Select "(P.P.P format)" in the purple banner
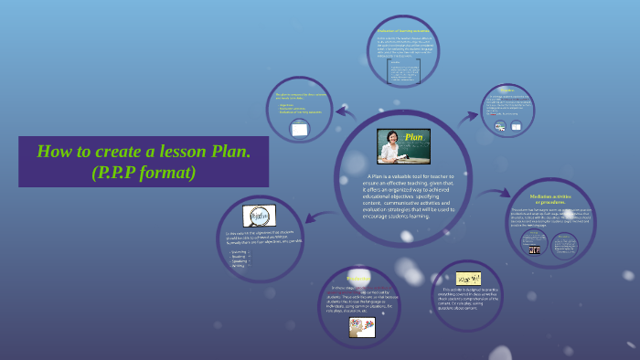tap(144, 171)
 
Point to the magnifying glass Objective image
tap(259, 216)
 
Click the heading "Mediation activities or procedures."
tap(549, 199)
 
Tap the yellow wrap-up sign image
tap(468, 277)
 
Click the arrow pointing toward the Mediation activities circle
tap(495, 193)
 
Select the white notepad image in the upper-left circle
tap(299, 130)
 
